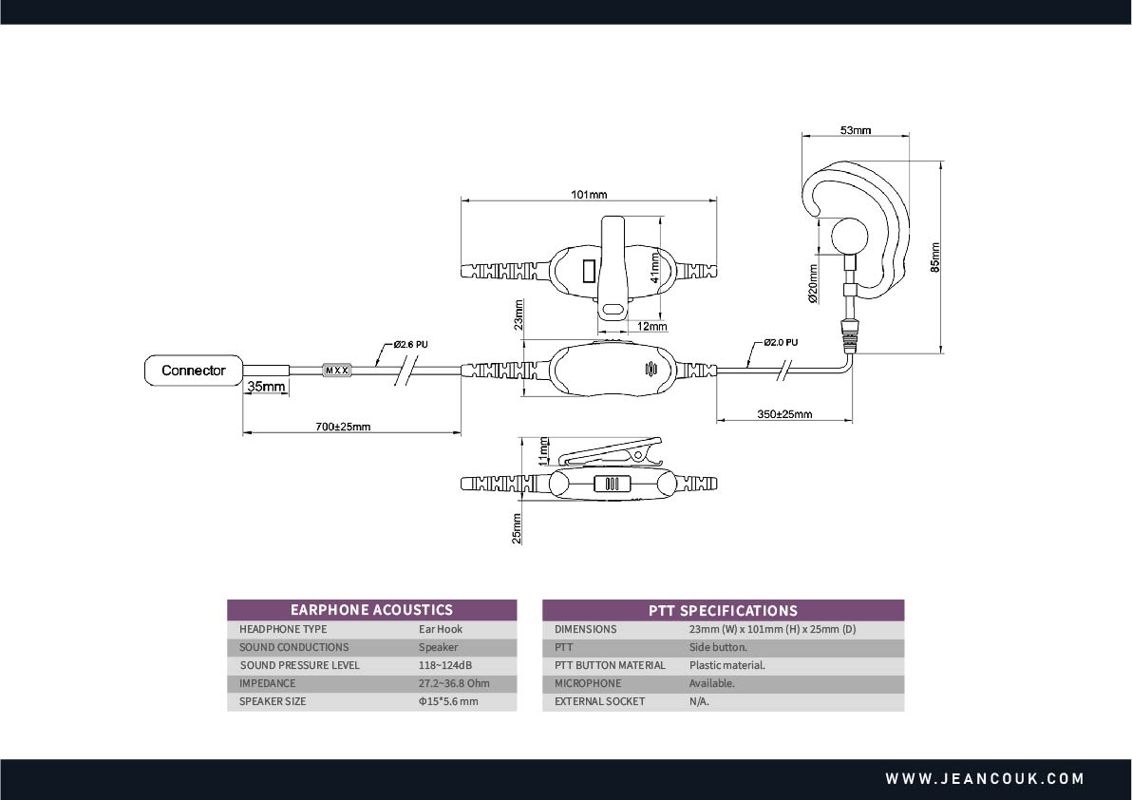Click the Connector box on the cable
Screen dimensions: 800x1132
(193, 371)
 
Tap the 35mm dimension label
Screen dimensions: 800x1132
(266, 387)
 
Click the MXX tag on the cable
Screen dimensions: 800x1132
(336, 370)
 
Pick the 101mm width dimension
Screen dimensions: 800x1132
(589, 195)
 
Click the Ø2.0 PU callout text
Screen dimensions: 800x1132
(780, 342)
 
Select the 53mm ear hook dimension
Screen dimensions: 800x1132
(856, 130)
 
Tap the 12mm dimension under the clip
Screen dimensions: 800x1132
(651, 327)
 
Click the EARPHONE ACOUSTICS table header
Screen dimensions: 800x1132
(371, 610)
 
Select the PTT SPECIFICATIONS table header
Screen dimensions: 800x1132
(723, 610)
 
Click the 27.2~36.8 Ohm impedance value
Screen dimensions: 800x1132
(454, 683)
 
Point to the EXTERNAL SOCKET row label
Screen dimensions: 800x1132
(599, 701)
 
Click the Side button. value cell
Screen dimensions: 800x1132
(718, 647)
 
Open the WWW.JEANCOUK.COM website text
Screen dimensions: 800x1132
(985, 779)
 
